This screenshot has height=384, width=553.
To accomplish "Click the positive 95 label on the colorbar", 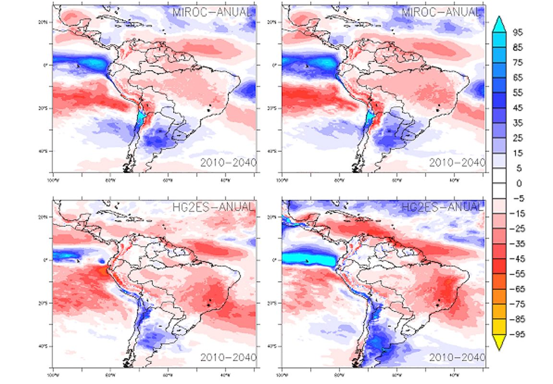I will pyautogui.click(x=518, y=32).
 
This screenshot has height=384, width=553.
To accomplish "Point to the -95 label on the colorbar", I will pyautogui.click(x=519, y=334).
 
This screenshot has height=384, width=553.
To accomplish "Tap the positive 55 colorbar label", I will pyautogui.click(x=518, y=93).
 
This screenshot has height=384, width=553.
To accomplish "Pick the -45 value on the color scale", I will pyautogui.click(x=519, y=259).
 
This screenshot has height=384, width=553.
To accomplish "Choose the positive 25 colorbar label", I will pyautogui.click(x=518, y=138).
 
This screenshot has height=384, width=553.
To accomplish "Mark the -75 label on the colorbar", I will pyautogui.click(x=519, y=304).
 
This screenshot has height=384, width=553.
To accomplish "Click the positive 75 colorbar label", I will pyautogui.click(x=518, y=62).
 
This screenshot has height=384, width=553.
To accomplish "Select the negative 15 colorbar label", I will pyautogui.click(x=519, y=214).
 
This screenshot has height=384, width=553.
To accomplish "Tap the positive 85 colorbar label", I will pyautogui.click(x=518, y=48).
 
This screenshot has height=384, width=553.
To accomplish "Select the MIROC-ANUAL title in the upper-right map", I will pyautogui.click(x=441, y=12).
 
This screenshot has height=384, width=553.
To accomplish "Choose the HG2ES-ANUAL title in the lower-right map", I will pyautogui.click(x=441, y=207).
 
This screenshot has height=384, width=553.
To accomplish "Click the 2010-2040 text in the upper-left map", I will pyautogui.click(x=228, y=162).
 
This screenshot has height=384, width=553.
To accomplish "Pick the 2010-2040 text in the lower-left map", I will pyautogui.click(x=228, y=358).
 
